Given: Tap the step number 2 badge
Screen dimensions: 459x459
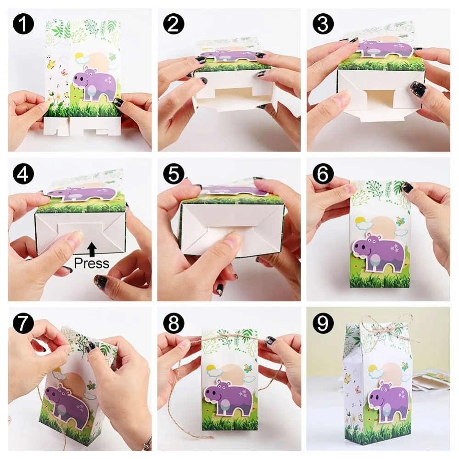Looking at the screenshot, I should point(173,24).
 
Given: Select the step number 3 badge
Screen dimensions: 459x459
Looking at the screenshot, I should point(323,24).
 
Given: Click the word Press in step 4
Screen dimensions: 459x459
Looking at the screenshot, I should point(92,263).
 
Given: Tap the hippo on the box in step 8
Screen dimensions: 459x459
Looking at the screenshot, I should point(228,397).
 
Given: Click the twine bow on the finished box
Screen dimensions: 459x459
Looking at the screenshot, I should point(385,327).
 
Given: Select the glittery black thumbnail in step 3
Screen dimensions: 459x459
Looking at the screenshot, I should point(418,89).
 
